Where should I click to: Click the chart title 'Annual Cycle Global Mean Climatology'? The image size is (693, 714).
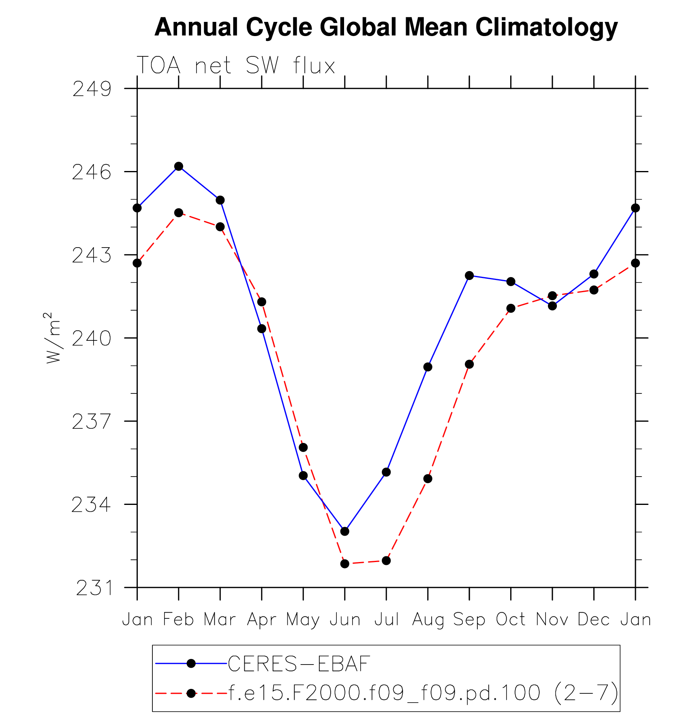(386, 28)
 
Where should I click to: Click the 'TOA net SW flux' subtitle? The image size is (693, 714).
(236, 66)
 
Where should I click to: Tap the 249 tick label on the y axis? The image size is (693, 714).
(92, 89)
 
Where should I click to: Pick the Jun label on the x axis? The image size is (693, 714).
(345, 620)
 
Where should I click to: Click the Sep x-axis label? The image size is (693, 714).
(469, 620)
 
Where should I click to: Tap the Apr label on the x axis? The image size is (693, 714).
(262, 620)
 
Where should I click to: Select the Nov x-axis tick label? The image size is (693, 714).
(552, 620)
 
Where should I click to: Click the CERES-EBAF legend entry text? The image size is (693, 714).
(299, 664)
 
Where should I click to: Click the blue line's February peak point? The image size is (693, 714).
(179, 166)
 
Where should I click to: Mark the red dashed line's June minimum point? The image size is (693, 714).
(345, 564)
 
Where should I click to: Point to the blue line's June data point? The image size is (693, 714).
(345, 531)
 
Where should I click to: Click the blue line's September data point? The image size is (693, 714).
(469, 276)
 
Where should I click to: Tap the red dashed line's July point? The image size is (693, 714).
(386, 561)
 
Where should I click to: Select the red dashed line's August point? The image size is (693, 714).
(428, 479)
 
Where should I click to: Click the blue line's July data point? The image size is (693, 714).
(386, 472)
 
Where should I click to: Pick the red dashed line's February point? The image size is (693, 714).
(179, 213)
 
